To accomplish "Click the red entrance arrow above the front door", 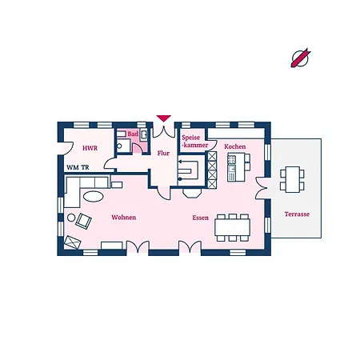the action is click(163, 118).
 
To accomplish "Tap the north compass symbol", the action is click(301, 58).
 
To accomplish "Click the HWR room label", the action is click(90, 148).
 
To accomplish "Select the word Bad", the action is click(133, 134).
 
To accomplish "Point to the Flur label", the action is click(163, 153).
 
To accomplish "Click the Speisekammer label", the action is click(194, 142).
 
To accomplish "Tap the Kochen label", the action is click(235, 146).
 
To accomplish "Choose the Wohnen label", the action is click(124, 218).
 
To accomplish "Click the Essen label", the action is click(200, 218).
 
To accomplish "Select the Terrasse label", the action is click(297, 214).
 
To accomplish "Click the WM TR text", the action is click(78, 167).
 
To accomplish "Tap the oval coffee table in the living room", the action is click(94, 197).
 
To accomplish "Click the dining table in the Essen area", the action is click(232, 227).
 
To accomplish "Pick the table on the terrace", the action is click(293, 179).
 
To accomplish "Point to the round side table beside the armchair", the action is click(71, 218).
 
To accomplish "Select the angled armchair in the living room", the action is click(83, 221).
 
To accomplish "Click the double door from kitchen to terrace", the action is click(262, 188).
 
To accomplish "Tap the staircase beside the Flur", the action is click(191, 170).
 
